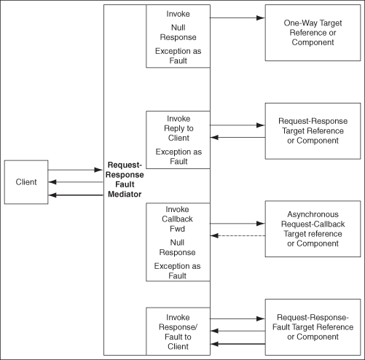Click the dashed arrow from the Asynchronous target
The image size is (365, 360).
click(x=238, y=235)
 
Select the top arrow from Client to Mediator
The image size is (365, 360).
click(x=76, y=170)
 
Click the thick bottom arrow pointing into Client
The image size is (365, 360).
click(x=76, y=195)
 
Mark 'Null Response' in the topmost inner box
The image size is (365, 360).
click(x=177, y=32)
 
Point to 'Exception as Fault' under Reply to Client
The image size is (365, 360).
click(x=178, y=157)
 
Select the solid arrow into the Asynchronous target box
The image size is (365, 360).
click(x=238, y=222)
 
